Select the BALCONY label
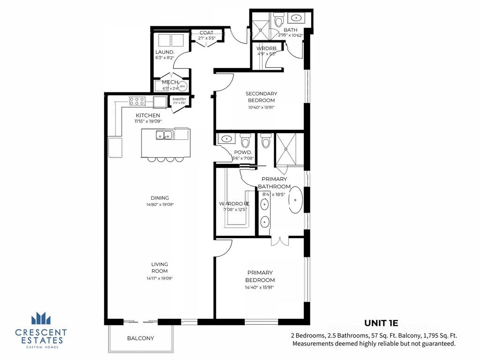[141, 338]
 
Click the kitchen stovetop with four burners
[136, 101]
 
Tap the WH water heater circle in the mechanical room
[182, 86]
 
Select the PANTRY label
[180, 99]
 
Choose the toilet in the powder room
[245, 141]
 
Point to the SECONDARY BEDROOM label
[261, 97]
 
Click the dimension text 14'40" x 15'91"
[259, 287]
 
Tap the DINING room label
[160, 198]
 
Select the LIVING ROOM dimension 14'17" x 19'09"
[159, 278]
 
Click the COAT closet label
[206, 33]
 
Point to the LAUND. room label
[165, 52]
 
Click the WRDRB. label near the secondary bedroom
[267, 48]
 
